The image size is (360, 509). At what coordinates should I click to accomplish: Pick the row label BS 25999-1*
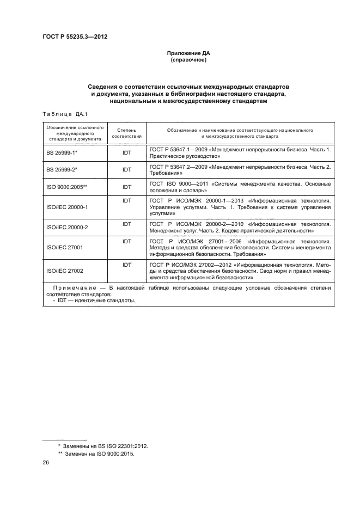pos(62,154)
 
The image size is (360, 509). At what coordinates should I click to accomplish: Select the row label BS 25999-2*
pos(62,170)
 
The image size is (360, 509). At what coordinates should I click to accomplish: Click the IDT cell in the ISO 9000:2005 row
pos(127,186)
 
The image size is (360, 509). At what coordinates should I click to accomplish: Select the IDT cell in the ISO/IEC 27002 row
pos(127,264)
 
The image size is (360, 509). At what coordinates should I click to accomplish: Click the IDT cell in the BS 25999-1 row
pos(127,154)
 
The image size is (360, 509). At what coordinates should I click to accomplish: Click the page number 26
pos(46,463)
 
